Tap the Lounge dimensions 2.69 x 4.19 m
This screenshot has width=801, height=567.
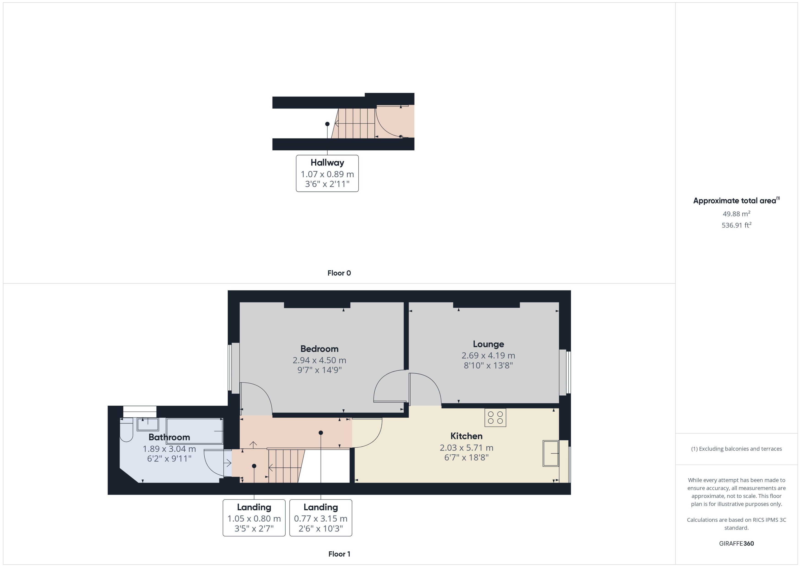tap(488, 355)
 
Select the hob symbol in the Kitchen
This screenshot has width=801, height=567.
tap(495, 417)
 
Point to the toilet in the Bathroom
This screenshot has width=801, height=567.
tap(126, 430)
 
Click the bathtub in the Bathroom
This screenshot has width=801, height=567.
tap(194, 431)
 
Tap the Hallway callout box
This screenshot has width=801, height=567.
tap(327, 173)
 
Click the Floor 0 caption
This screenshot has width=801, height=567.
tap(339, 273)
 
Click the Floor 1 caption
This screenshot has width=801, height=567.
tap(339, 554)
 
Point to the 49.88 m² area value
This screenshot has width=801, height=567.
tap(736, 214)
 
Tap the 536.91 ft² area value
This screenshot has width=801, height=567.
tap(736, 225)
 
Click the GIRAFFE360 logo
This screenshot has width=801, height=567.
tap(736, 543)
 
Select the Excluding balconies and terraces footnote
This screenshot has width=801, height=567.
tap(736, 449)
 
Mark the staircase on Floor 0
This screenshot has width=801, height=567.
tap(354, 123)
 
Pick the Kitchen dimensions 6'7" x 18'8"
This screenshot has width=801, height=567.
tap(466, 457)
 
